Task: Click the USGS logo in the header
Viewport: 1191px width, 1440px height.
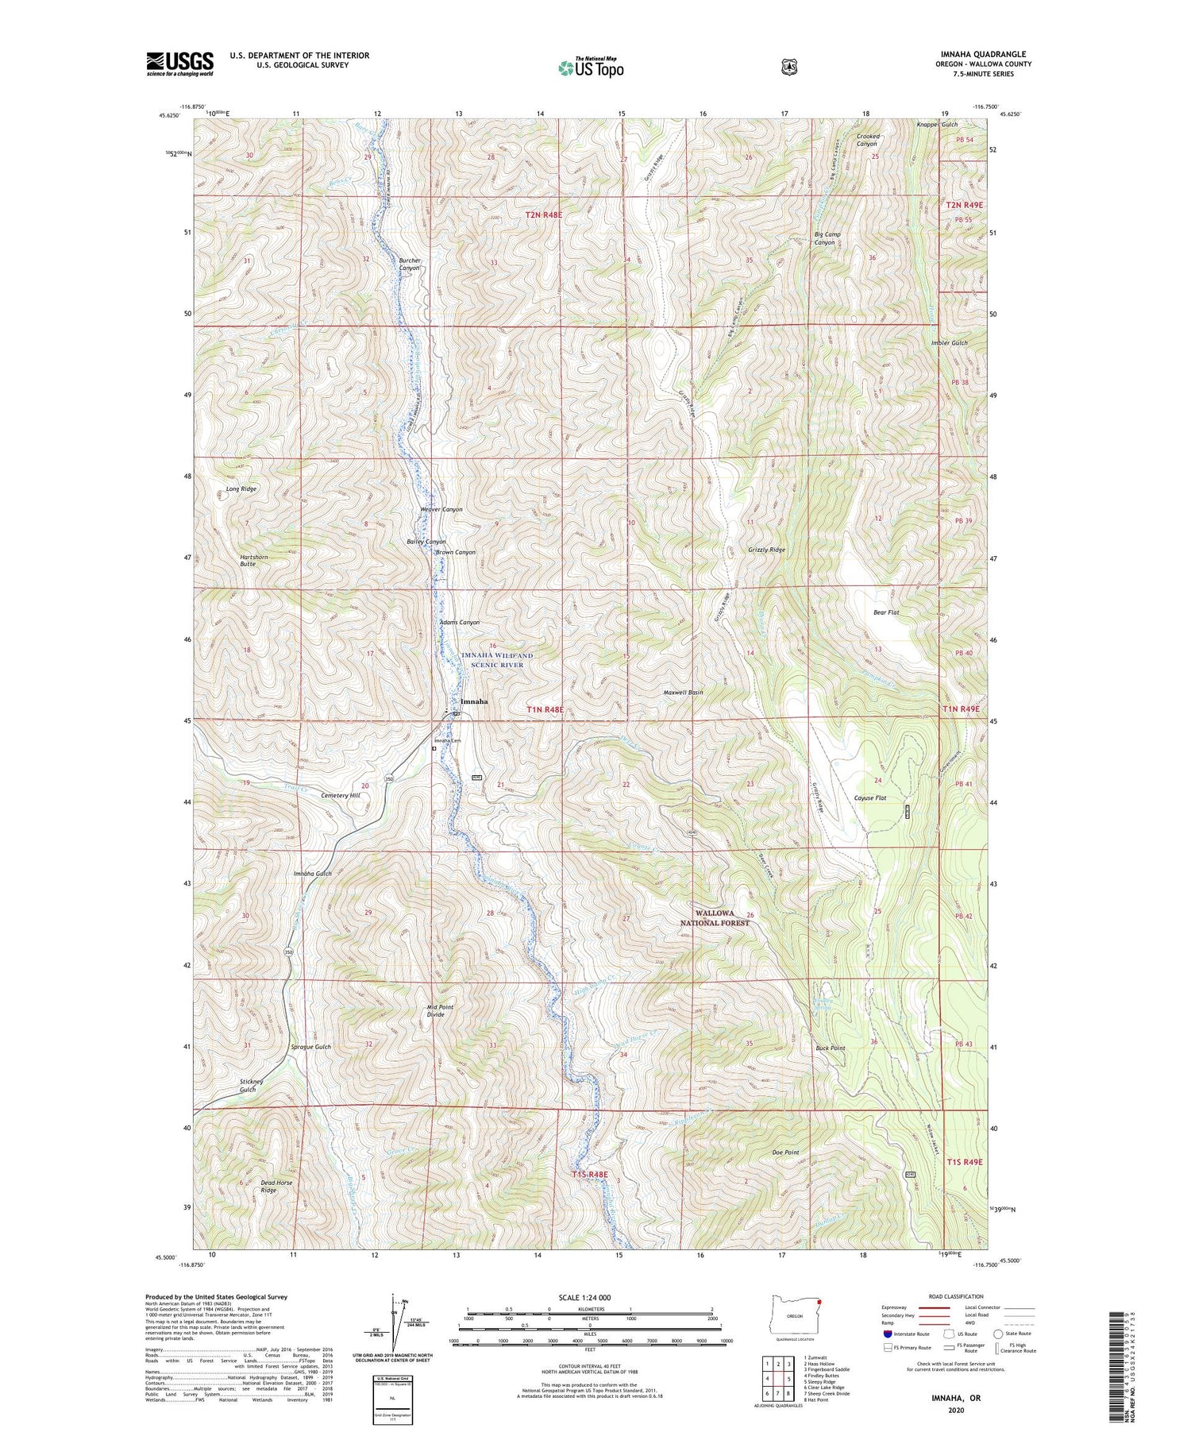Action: point(179,64)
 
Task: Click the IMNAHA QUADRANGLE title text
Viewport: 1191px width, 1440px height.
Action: point(983,54)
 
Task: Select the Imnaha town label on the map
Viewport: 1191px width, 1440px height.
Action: point(474,702)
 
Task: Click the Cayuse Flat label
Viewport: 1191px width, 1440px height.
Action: point(869,797)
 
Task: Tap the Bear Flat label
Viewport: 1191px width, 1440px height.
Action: point(885,612)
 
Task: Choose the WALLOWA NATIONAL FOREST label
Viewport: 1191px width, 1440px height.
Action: point(714,918)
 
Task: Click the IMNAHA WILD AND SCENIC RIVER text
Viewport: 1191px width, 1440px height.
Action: point(497,660)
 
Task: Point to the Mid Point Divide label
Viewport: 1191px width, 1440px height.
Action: point(435,1010)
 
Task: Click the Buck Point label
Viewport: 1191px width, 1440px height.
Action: point(830,1048)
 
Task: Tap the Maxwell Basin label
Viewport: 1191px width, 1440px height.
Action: point(683,692)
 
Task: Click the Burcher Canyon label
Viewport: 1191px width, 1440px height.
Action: point(409,264)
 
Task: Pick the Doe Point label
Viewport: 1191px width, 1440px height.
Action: point(785,1152)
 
